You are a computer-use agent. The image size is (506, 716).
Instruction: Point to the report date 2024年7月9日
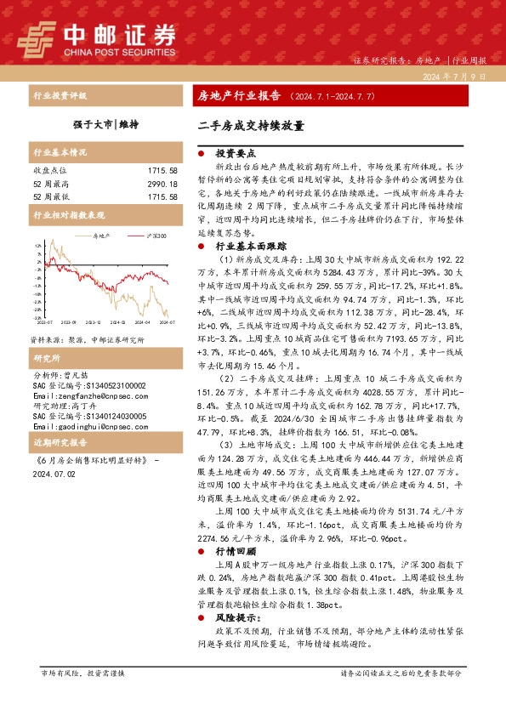[x=455, y=77]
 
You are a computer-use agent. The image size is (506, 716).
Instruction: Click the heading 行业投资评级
[x=59, y=96]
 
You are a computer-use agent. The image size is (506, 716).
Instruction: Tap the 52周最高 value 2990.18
[x=162, y=184]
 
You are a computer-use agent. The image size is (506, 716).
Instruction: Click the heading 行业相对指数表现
[x=68, y=216]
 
